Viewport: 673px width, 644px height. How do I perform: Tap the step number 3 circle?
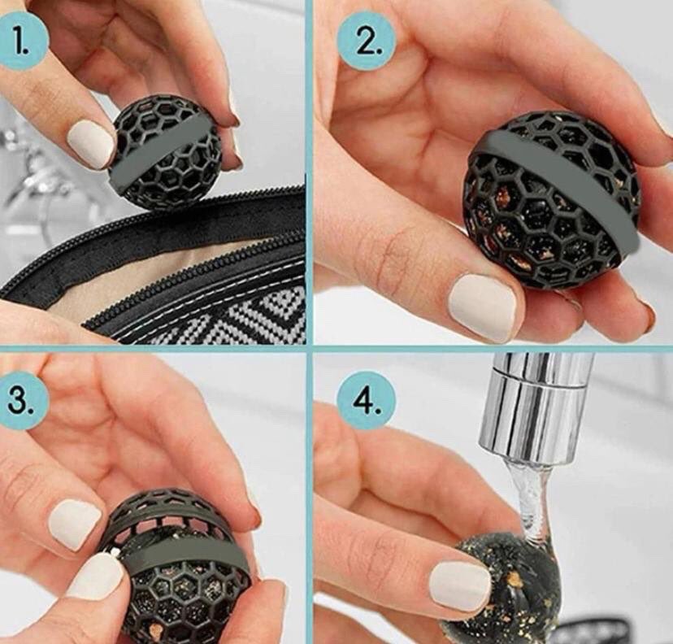tap(21, 402)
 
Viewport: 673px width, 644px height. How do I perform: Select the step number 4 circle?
tap(366, 402)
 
